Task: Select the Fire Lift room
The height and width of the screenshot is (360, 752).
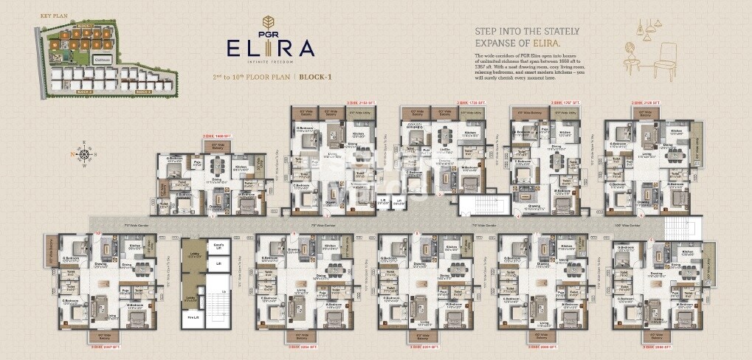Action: pos(193,318)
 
